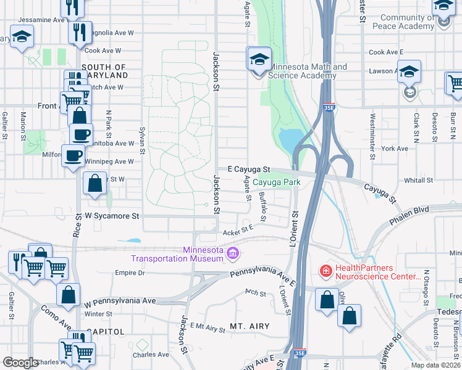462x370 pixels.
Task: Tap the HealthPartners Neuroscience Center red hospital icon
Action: (x=325, y=271)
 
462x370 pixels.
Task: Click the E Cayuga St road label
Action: (x=249, y=169)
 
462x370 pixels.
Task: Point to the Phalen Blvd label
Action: (x=408, y=220)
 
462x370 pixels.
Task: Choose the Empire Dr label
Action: (x=130, y=273)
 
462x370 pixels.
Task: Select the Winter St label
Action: (x=98, y=314)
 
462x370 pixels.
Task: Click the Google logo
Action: (x=20, y=363)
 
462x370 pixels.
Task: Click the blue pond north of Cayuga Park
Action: (x=288, y=141)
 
